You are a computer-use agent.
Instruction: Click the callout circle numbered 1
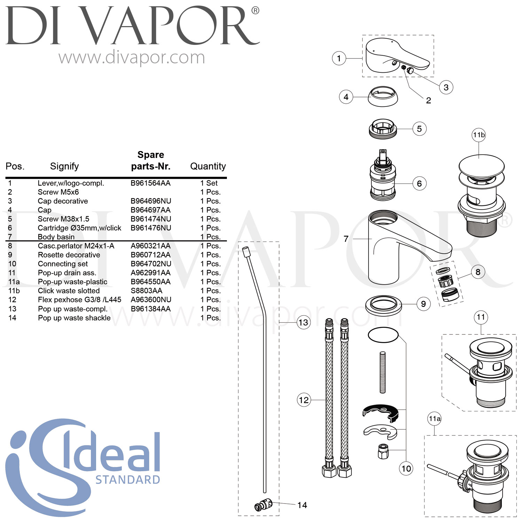(x=339, y=58)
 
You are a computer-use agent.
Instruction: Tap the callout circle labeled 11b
(x=479, y=135)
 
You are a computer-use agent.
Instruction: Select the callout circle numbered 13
(x=303, y=323)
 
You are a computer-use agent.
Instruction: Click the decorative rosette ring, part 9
(x=383, y=304)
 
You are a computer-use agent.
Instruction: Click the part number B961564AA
(x=150, y=183)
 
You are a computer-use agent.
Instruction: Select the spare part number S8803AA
(x=146, y=291)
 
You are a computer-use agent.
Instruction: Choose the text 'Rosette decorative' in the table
(x=69, y=255)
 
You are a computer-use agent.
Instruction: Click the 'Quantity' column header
(x=208, y=166)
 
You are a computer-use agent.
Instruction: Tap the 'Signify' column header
(x=64, y=166)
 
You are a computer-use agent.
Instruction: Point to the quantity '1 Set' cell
(x=209, y=183)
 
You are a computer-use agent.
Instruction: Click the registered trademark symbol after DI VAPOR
(x=255, y=11)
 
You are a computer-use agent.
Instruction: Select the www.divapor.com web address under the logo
(x=132, y=58)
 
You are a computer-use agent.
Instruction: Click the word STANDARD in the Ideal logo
(x=128, y=480)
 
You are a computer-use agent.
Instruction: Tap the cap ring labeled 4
(x=383, y=97)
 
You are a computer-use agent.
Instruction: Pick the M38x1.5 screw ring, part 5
(x=382, y=129)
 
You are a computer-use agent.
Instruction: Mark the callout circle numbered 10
(x=406, y=468)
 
